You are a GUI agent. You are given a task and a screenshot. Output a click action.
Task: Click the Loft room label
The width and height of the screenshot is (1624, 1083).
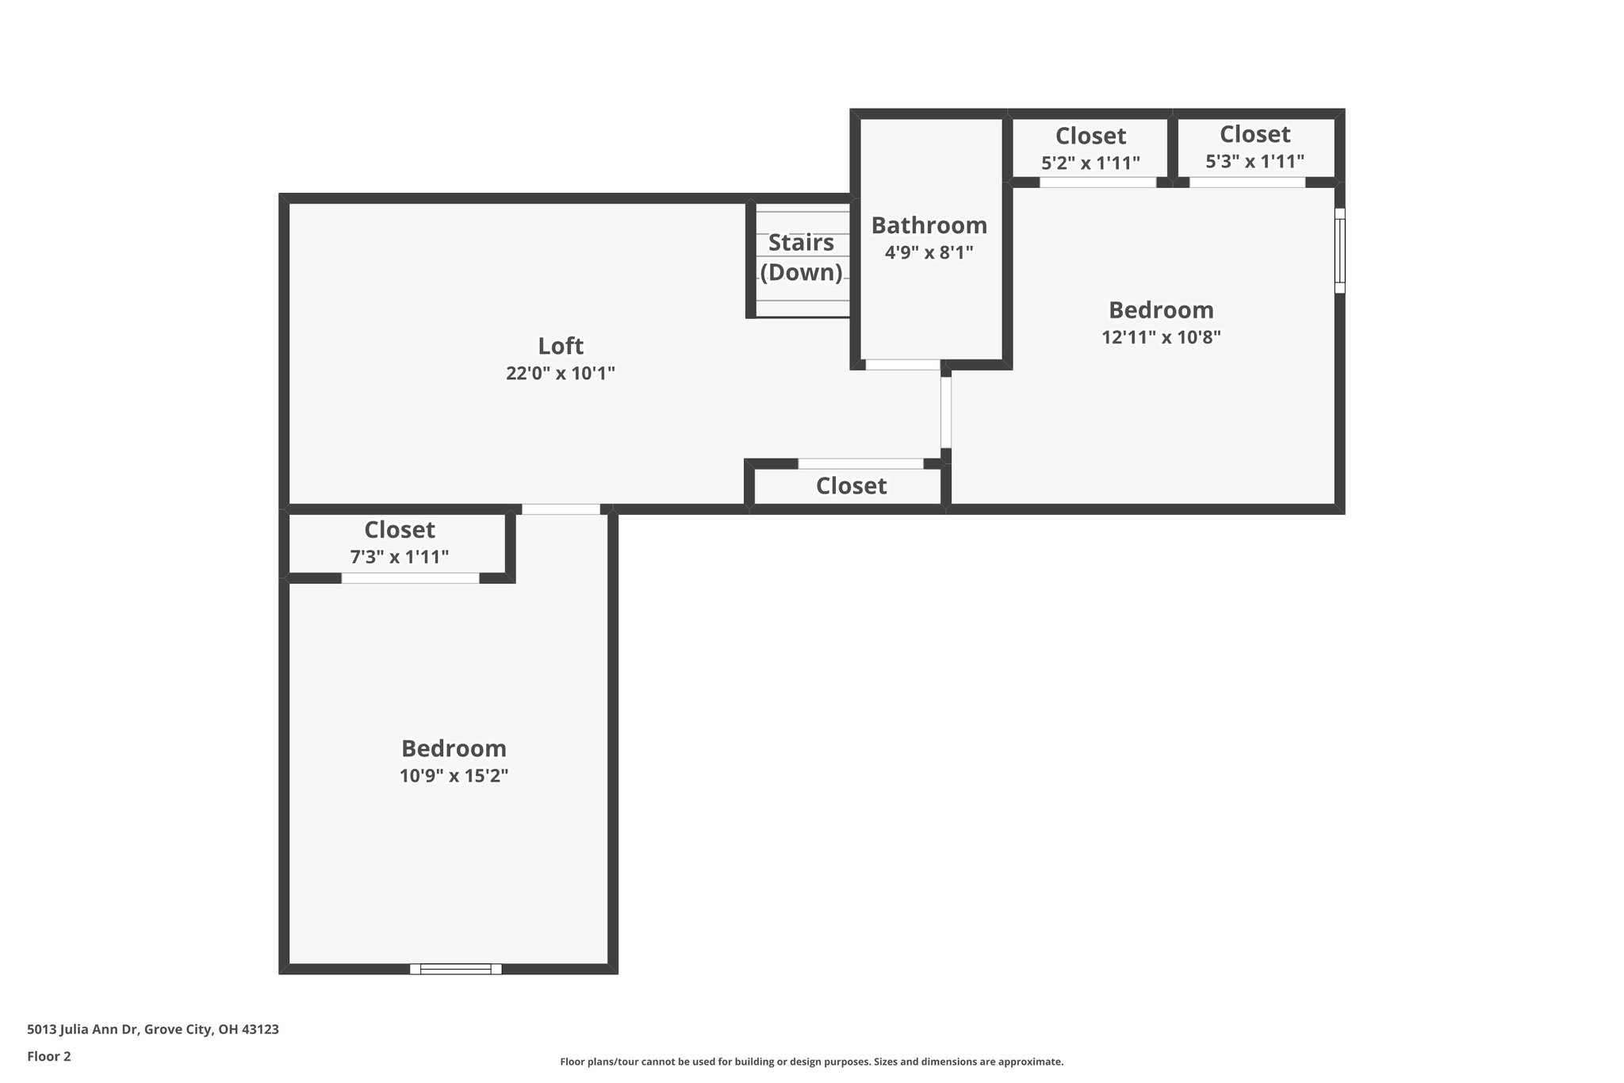tap(561, 346)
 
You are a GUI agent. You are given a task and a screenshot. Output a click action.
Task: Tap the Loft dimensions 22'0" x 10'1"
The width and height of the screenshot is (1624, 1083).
tap(561, 373)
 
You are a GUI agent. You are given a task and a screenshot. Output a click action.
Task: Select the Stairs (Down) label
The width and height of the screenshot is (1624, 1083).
tap(801, 257)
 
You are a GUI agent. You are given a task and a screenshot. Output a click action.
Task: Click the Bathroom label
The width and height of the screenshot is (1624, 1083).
tap(929, 225)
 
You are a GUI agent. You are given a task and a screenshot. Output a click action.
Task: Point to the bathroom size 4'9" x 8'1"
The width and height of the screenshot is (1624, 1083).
tap(929, 252)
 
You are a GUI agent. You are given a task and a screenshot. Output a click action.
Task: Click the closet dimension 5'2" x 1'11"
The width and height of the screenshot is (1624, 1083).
tap(1090, 163)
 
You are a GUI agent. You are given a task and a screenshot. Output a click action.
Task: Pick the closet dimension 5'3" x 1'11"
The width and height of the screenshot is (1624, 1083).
tap(1254, 161)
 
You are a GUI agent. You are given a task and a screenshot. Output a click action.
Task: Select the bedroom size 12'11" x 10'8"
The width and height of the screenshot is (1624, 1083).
tap(1161, 336)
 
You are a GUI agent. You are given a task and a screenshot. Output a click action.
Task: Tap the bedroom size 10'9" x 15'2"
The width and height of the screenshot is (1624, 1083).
tap(454, 775)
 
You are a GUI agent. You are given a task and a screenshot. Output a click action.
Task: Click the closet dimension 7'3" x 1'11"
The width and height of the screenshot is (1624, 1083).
tap(400, 557)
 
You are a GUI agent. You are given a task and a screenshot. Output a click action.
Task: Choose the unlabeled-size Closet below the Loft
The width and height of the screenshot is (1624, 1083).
tap(851, 486)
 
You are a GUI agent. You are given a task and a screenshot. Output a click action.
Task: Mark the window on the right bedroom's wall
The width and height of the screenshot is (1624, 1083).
tap(1339, 251)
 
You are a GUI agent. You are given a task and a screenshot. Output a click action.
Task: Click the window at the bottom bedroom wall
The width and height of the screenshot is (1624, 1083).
tap(455, 969)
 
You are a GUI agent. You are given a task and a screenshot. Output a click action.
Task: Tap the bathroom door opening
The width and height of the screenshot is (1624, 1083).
tap(902, 365)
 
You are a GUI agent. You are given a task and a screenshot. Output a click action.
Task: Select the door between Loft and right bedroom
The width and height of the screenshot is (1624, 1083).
tap(945, 413)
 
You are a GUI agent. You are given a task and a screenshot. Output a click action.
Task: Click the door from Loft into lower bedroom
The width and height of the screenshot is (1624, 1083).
tap(561, 509)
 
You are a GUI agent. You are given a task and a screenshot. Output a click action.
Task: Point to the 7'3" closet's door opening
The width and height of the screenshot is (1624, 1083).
tap(410, 578)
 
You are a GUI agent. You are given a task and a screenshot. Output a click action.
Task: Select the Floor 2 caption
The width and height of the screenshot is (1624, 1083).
tap(49, 1056)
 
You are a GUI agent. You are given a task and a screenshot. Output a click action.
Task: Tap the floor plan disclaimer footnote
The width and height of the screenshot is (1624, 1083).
tap(811, 1062)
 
